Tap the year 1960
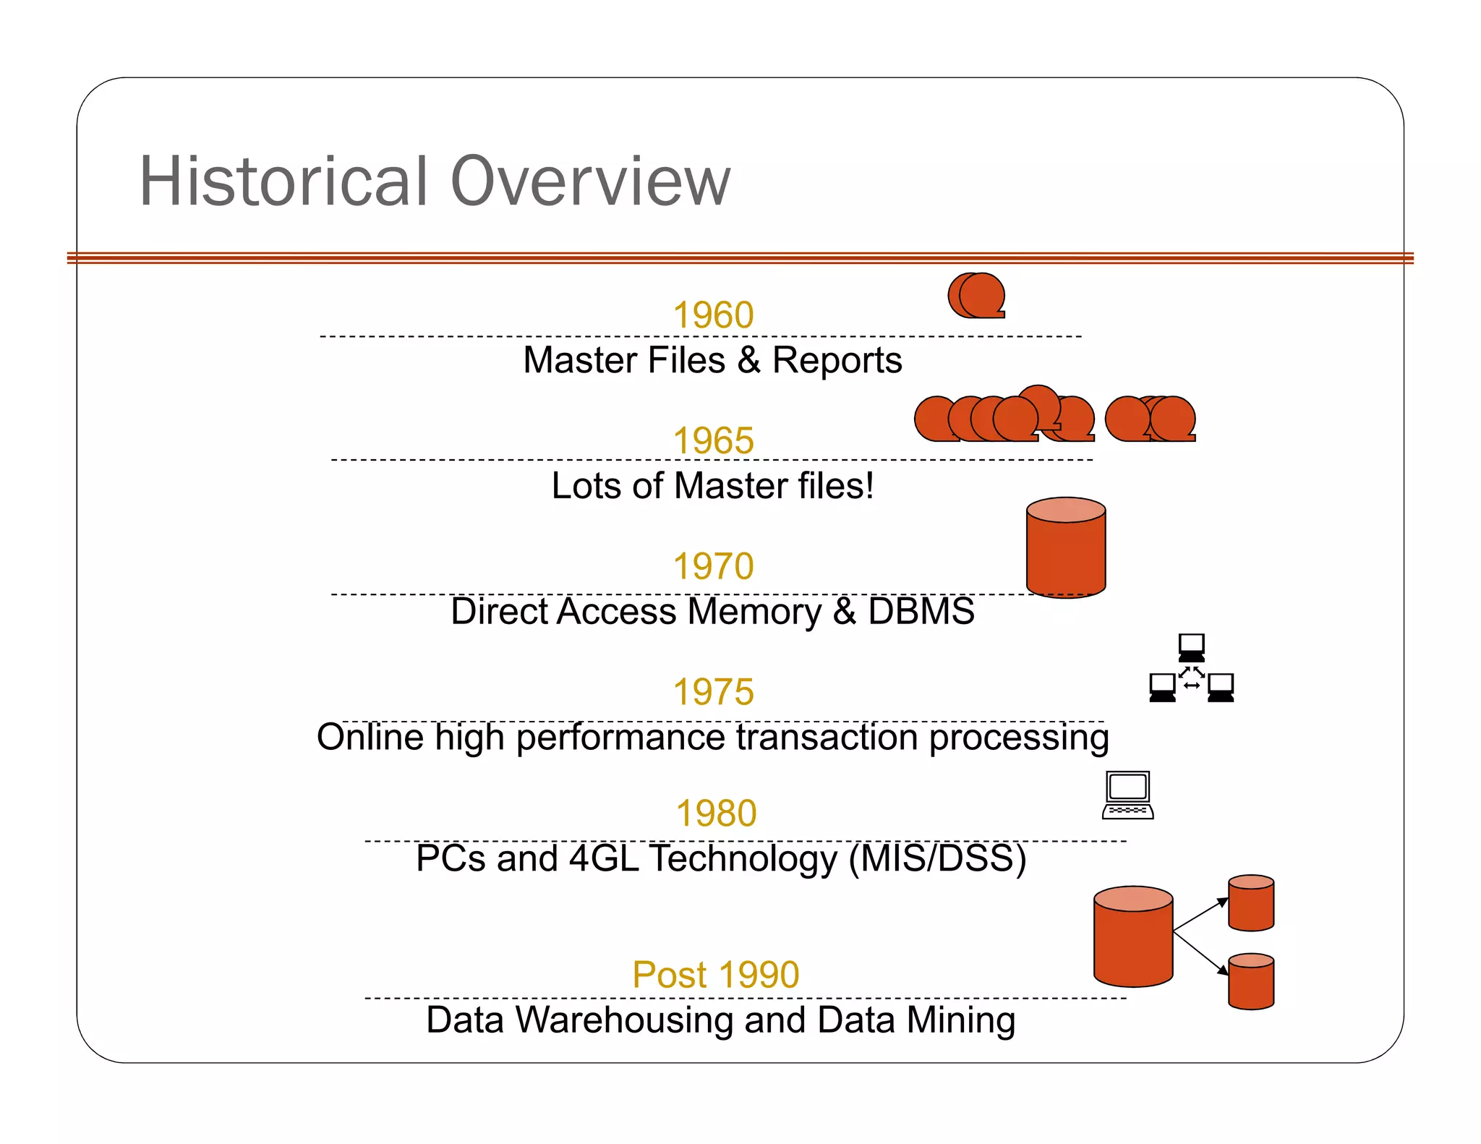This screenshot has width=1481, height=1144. (x=713, y=315)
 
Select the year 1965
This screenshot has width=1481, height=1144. (x=713, y=440)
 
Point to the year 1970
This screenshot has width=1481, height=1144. (x=713, y=566)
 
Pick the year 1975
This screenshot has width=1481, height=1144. (x=713, y=692)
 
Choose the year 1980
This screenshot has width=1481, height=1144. (x=716, y=814)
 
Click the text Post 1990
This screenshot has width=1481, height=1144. (x=716, y=975)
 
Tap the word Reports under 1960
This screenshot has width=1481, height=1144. (x=837, y=360)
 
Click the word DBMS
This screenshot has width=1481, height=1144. (x=921, y=611)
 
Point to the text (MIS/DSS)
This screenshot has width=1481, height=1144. (x=937, y=858)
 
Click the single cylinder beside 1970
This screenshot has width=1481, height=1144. (x=1066, y=548)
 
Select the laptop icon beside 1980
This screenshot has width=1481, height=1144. (x=1127, y=795)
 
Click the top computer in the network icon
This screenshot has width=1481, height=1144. (x=1191, y=647)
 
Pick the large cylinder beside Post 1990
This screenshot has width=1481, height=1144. (x=1132, y=937)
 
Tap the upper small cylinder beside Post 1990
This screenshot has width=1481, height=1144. (x=1251, y=903)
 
